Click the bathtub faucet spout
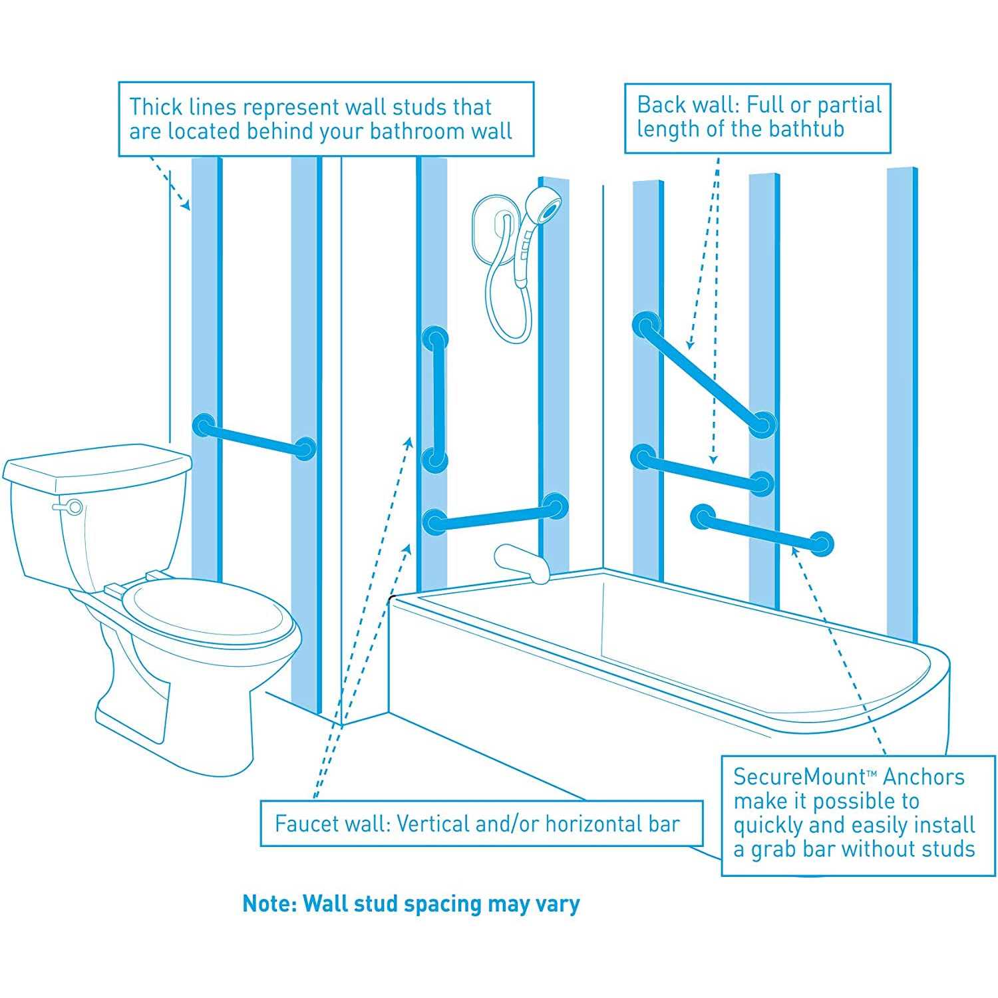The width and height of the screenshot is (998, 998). [x=523, y=562]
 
